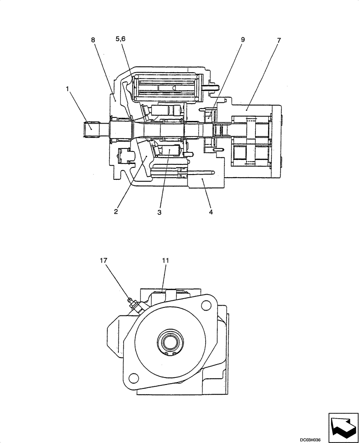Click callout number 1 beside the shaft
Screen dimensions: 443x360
(67, 89)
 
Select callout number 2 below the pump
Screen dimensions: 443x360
(116, 212)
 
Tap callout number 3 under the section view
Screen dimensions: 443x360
(159, 212)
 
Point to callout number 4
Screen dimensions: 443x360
(211, 212)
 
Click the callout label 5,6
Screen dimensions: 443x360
(121, 39)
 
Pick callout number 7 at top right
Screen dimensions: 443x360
(278, 40)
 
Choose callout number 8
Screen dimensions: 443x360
(93, 40)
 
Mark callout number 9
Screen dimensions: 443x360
(243, 39)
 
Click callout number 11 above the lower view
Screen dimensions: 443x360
(165, 260)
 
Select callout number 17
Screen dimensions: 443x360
(103, 260)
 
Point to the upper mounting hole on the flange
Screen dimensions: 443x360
(205, 306)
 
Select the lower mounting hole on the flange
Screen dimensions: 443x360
(131, 377)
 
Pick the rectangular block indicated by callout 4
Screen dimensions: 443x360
(203, 182)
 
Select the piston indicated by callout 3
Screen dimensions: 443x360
(171, 152)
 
